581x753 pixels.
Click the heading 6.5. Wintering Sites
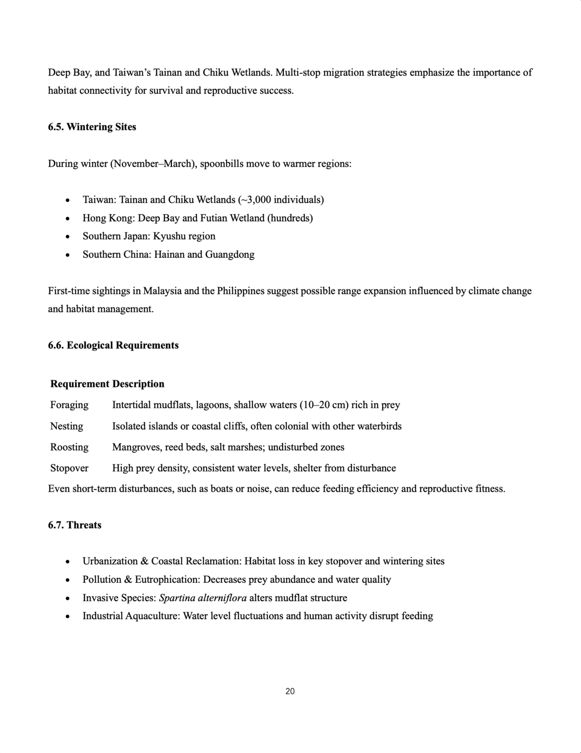92,127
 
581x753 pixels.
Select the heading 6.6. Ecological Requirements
113,345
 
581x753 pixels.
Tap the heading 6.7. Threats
75,525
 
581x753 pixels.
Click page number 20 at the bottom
290,691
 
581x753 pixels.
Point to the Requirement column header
79,384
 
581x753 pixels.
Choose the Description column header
138,384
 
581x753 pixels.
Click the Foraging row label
69,405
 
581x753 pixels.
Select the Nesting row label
66,426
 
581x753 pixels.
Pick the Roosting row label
69,447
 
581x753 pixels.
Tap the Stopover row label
69,468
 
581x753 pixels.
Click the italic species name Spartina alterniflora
202,598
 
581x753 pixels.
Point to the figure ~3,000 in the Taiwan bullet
254,200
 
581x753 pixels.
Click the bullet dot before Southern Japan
68,237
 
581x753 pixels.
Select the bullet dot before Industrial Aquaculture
68,617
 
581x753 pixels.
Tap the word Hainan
169,254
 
